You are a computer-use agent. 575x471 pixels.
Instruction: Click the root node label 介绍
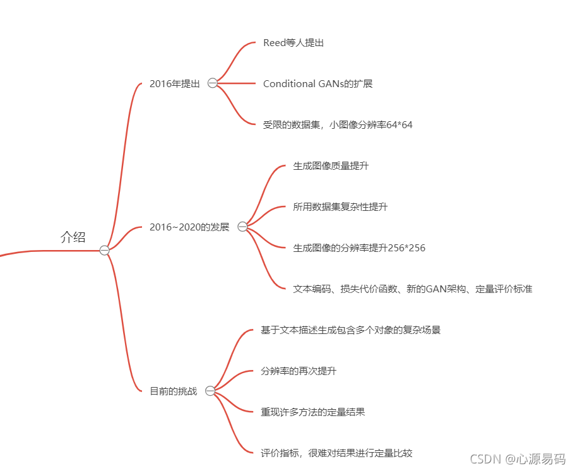(x=73, y=237)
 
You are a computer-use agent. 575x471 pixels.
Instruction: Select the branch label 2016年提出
(x=174, y=83)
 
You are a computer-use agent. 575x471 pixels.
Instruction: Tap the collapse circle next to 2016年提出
(x=212, y=83)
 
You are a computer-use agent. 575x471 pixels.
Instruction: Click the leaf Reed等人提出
(x=293, y=42)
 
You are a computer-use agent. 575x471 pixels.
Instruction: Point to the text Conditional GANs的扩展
(x=317, y=83)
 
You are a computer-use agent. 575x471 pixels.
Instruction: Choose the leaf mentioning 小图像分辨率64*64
(x=338, y=124)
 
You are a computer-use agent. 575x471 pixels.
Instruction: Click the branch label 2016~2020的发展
(x=189, y=227)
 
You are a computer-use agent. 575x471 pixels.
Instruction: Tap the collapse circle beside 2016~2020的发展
(x=242, y=227)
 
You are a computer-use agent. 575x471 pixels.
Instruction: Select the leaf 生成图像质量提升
(x=331, y=166)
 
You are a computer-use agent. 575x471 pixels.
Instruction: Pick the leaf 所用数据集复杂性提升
(x=340, y=206)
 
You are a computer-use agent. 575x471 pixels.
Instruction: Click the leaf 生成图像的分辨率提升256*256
(x=359, y=247)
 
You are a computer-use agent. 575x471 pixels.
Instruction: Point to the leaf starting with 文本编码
(x=412, y=289)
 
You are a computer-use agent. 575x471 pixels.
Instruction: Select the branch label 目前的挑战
(x=173, y=391)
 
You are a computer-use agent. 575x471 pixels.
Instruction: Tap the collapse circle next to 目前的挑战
(x=210, y=391)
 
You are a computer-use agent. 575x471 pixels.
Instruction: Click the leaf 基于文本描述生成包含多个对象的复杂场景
(x=350, y=330)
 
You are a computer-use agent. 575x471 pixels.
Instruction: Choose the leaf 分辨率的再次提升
(x=299, y=371)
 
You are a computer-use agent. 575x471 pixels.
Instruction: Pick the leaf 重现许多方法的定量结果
(x=312, y=412)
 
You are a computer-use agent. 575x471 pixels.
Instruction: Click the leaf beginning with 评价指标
(x=336, y=453)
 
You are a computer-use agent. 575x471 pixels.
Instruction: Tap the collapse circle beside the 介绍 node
(x=104, y=251)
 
